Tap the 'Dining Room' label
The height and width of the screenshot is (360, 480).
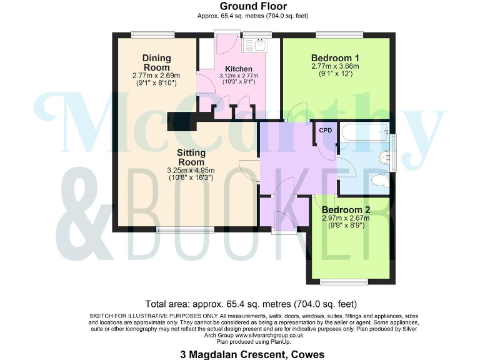pos(156,62)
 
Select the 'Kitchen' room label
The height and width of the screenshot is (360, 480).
pos(239,69)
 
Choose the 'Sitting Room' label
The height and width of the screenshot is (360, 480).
pos(191,157)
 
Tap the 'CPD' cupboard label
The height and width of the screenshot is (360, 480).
pos(326,131)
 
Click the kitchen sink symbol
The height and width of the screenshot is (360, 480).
pos(255,44)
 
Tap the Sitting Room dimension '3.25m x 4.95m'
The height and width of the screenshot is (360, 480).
pos(191,170)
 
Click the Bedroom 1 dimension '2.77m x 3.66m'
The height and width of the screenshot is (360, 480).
pos(336,66)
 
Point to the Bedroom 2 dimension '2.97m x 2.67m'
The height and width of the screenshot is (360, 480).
pos(346,218)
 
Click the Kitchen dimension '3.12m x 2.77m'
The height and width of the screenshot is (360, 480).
pos(239,76)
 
